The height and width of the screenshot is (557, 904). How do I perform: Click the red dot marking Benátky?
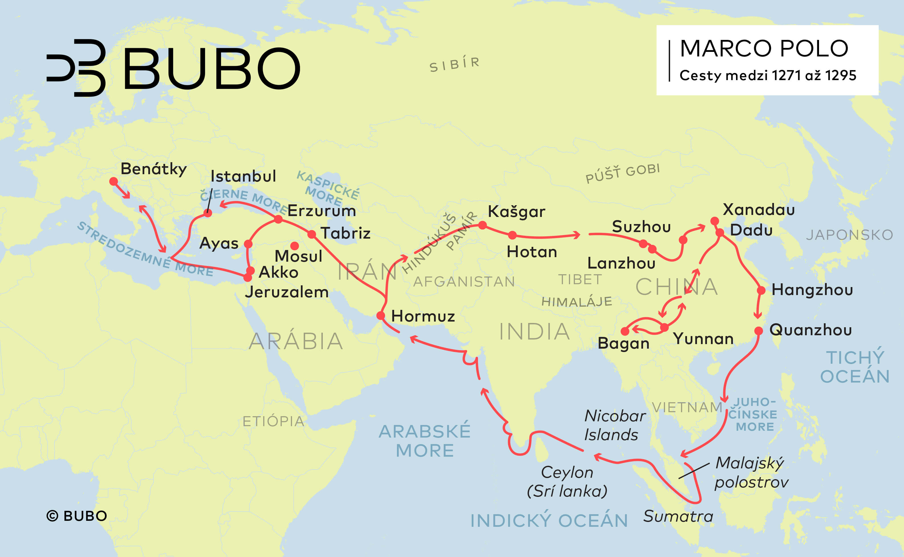click(x=113, y=181)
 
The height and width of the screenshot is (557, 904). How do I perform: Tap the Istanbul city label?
click(x=243, y=176)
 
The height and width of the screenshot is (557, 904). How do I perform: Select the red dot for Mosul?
click(x=295, y=246)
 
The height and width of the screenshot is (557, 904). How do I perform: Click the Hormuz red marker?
click(x=381, y=315)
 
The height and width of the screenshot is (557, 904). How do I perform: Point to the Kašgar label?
click(x=516, y=212)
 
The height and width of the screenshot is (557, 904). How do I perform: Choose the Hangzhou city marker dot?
click(x=761, y=290)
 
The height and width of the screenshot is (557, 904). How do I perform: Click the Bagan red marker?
click(x=625, y=331)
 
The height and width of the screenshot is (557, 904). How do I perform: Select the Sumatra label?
click(x=678, y=516)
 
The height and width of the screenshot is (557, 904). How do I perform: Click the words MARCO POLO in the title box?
click(x=764, y=49)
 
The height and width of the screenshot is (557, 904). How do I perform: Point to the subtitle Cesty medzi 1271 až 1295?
click(x=768, y=76)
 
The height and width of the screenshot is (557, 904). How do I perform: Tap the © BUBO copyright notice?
click(x=77, y=516)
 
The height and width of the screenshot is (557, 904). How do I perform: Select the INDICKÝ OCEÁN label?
click(x=549, y=521)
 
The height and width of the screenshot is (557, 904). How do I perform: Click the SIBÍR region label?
click(x=454, y=64)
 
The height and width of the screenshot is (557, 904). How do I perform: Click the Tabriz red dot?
click(x=311, y=234)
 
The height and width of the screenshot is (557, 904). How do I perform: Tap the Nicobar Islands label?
click(x=614, y=426)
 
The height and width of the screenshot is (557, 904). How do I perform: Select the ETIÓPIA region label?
click(x=273, y=421)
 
